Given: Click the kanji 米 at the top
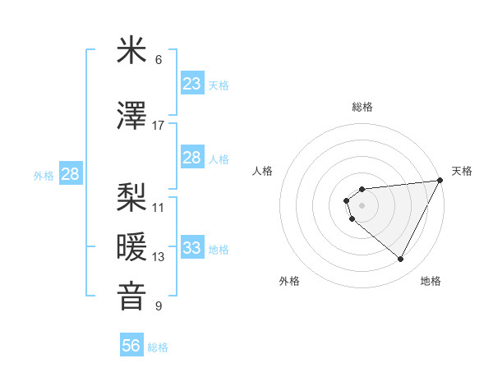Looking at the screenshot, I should click(132, 51).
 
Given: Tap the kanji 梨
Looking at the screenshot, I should click(132, 196).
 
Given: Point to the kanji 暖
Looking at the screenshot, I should click(132, 246).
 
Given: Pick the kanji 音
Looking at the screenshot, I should click(132, 296).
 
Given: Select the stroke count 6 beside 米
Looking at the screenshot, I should click(159, 60).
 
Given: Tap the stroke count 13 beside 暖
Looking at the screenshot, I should click(159, 257).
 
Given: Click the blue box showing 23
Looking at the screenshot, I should click(191, 84).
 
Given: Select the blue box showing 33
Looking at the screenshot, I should click(191, 248).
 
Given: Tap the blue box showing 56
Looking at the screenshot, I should click(131, 346).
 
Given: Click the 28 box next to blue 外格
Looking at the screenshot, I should click(70, 174).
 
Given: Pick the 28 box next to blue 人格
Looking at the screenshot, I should click(191, 158).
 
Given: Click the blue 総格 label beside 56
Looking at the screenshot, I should click(158, 347).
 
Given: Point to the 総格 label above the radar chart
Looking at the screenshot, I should click(362, 107).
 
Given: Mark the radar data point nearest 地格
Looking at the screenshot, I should click(401, 260).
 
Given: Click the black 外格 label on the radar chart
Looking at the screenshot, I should click(289, 281).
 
